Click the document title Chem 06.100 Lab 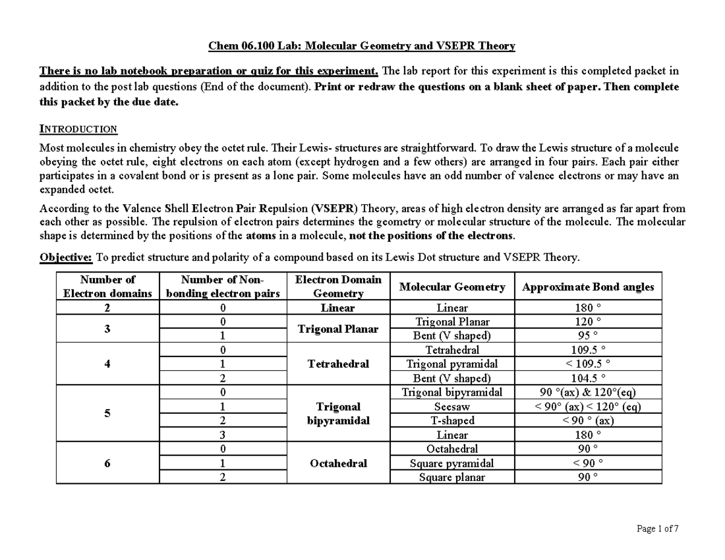[361, 46]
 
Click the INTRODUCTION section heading [78, 129]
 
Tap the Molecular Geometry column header [452, 287]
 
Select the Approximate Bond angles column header [588, 287]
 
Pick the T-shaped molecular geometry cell [452, 420]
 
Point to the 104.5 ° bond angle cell [588, 379]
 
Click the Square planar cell [452, 477]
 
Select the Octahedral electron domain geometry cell [338, 463]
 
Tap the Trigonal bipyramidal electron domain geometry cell [338, 414]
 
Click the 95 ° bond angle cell [588, 336]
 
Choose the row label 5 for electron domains [108, 414]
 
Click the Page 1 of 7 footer [657, 529]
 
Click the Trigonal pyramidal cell [452, 364]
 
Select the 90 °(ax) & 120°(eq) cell [588, 393]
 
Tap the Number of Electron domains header [108, 286]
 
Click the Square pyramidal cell [452, 463]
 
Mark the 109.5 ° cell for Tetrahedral [588, 350]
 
